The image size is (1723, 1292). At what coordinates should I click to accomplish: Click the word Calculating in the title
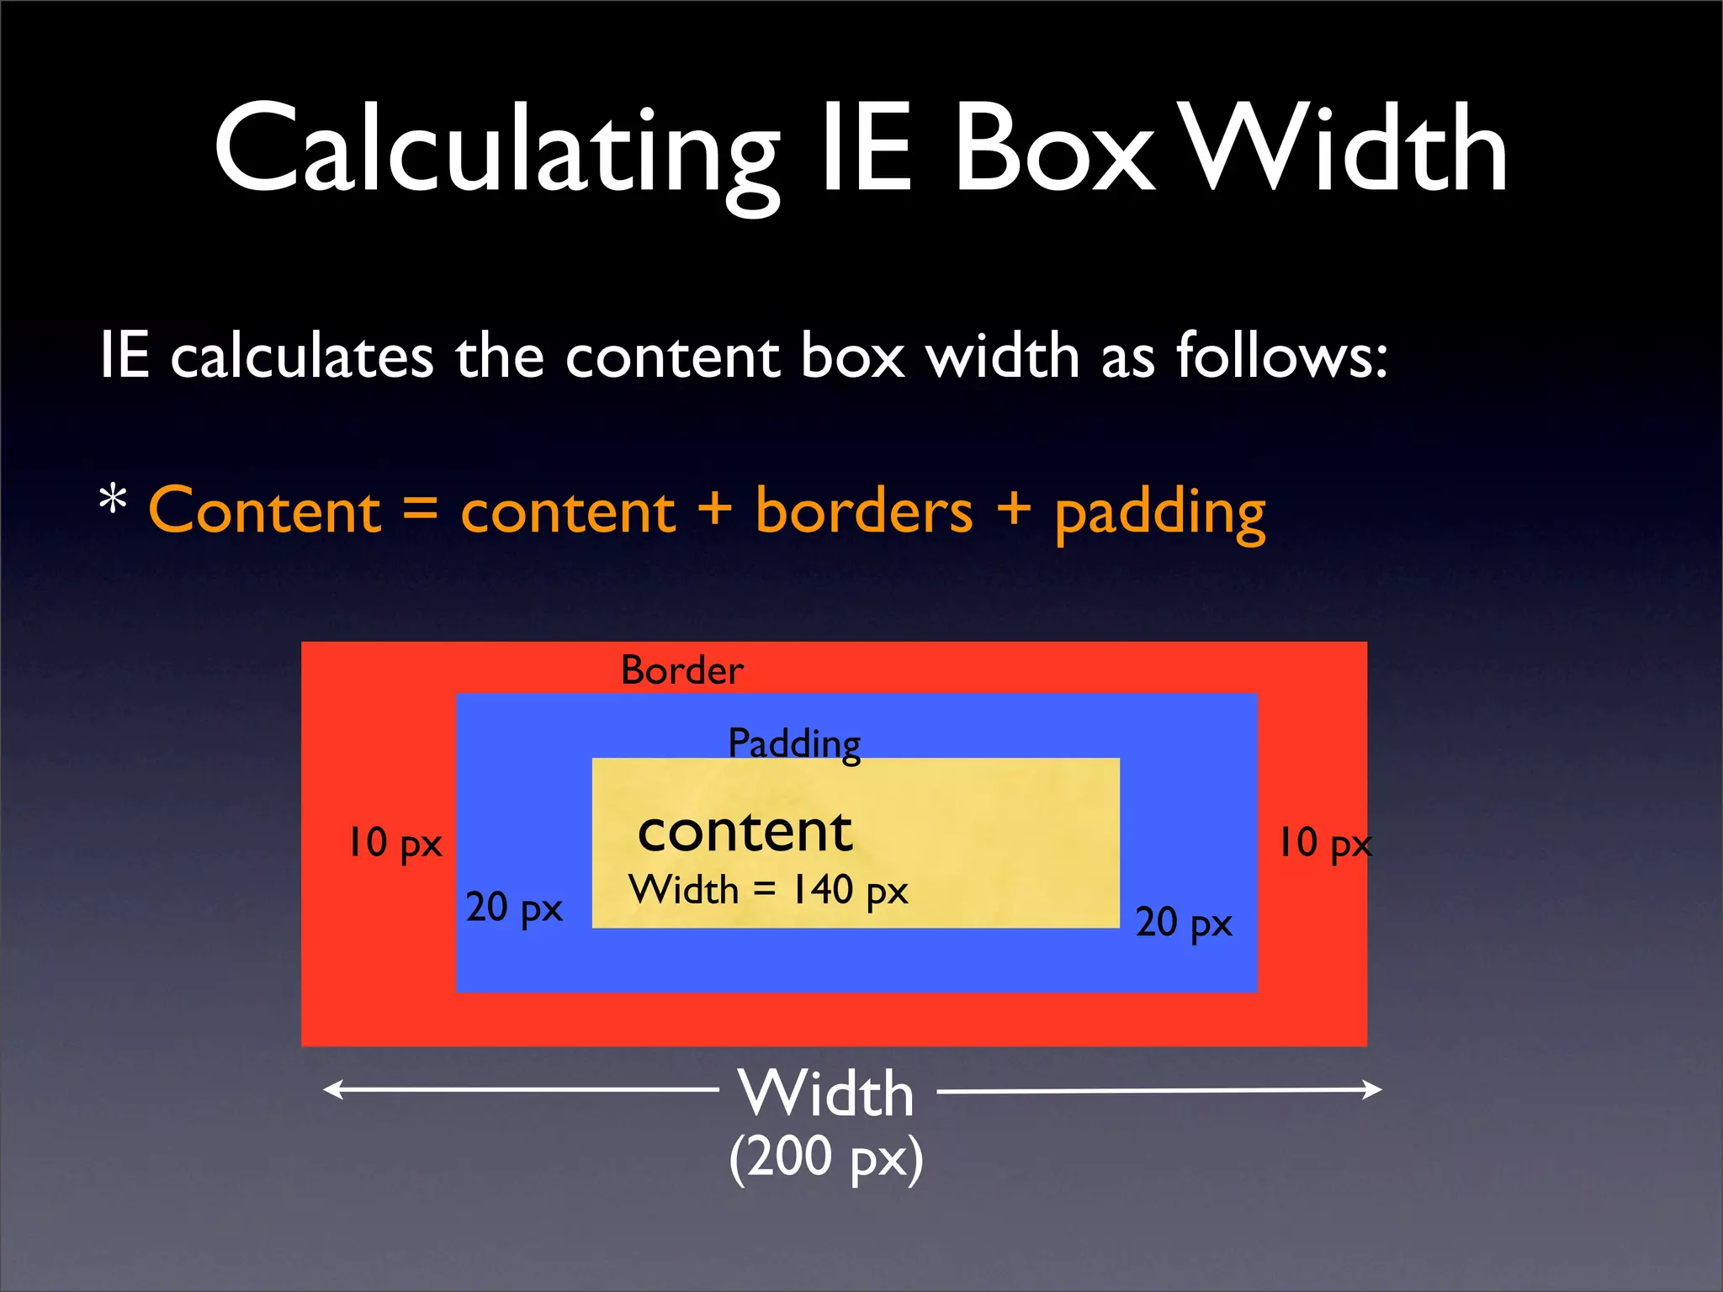(496, 151)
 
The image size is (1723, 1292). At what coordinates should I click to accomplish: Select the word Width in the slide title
(1346, 151)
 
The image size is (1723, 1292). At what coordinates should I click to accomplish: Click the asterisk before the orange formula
(113, 501)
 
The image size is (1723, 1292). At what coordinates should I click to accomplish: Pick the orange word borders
(864, 511)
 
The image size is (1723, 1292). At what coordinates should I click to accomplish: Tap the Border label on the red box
(681, 670)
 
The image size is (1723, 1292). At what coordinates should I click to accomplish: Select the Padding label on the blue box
(794, 744)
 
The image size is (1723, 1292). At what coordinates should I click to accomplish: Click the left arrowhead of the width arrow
(333, 1089)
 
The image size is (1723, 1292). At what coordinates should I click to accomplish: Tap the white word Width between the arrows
(826, 1093)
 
